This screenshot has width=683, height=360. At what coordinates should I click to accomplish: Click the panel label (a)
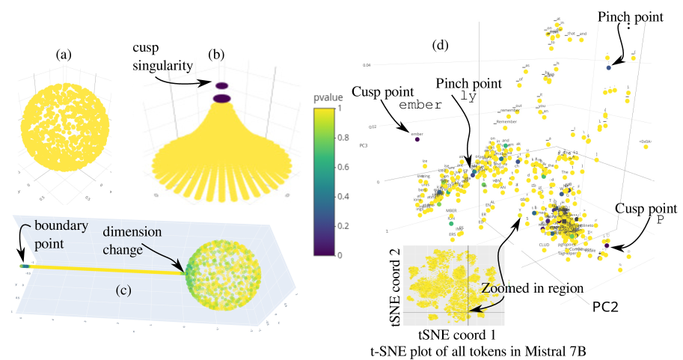tap(64, 54)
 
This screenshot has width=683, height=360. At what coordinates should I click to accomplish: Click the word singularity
tap(162, 66)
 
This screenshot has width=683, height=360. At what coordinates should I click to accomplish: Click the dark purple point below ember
tap(417, 139)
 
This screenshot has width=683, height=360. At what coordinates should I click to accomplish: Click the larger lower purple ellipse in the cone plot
tap(222, 98)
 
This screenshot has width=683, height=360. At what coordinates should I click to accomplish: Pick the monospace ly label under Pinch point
tap(468, 96)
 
